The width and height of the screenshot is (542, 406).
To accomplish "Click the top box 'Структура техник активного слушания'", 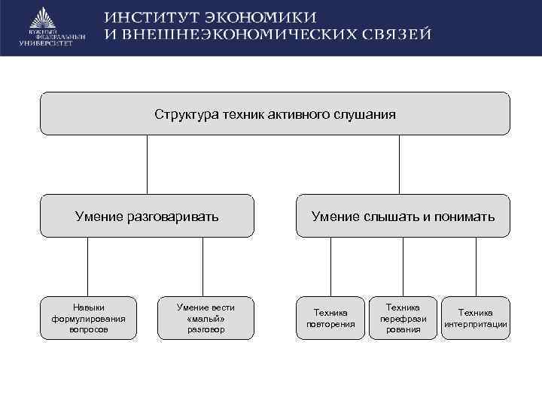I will pyautogui.click(x=275, y=114).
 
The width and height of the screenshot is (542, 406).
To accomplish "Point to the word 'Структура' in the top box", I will pyautogui.click(x=186, y=114).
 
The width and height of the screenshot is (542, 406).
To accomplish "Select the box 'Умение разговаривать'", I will pyautogui.click(x=147, y=217).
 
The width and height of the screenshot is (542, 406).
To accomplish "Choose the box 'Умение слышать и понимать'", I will pyautogui.click(x=403, y=217).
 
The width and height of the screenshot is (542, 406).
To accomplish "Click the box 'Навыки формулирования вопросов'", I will pyautogui.click(x=89, y=318).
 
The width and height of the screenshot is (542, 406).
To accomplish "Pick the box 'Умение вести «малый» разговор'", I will pyautogui.click(x=205, y=318).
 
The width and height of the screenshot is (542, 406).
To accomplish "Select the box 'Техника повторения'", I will pyautogui.click(x=330, y=318).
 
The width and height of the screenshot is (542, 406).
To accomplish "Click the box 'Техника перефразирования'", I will pyautogui.click(x=403, y=318).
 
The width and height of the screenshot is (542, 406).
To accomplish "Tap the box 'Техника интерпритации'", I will pyautogui.click(x=475, y=318).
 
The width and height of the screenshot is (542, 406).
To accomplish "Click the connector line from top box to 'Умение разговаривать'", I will pyautogui.click(x=147, y=165).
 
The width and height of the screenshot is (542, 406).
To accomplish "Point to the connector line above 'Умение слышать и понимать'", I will pyautogui.click(x=399, y=165).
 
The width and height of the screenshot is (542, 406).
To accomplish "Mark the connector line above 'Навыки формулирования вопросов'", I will pyautogui.click(x=88, y=266).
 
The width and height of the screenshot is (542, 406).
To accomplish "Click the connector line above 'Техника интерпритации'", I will pyautogui.click(x=476, y=266).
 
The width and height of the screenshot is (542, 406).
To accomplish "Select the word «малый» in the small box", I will pyautogui.click(x=206, y=318).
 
